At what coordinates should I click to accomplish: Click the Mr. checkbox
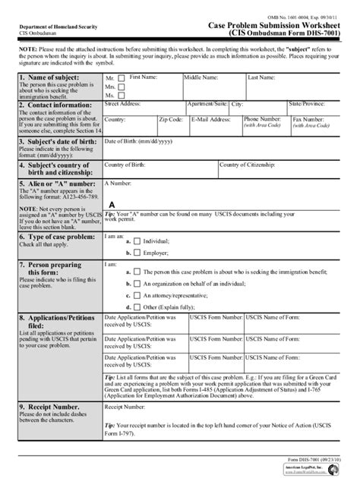pos(122,79)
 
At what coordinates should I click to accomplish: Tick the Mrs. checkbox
pos(122,87)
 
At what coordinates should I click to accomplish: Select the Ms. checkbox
pos(122,96)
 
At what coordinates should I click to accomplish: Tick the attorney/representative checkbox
pos(137,296)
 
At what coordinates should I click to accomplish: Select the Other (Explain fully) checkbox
pos(137,307)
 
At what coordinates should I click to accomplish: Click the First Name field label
pos(144,77)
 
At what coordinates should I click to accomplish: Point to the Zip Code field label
pos(170,119)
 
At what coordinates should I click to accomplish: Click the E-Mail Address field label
pos(210,119)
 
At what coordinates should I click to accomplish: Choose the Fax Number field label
pos(308,119)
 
